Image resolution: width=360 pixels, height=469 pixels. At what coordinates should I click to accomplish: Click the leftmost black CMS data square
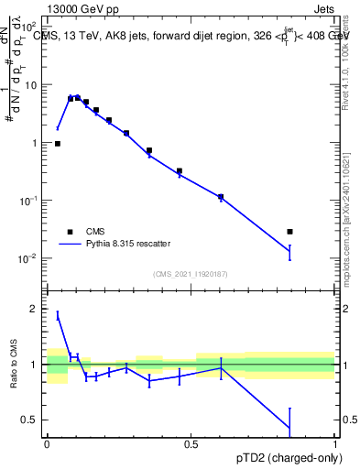tap(58, 144)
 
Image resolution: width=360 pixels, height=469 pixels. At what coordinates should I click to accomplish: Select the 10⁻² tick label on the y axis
tap(29, 258)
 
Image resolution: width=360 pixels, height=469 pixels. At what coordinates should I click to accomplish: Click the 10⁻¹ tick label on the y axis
tap(29, 201)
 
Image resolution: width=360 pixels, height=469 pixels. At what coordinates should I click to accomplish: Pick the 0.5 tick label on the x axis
tap(191, 444)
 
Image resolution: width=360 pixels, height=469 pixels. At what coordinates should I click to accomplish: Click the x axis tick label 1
tap(334, 444)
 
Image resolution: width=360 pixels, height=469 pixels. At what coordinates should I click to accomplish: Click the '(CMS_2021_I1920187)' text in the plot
tap(191, 272)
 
